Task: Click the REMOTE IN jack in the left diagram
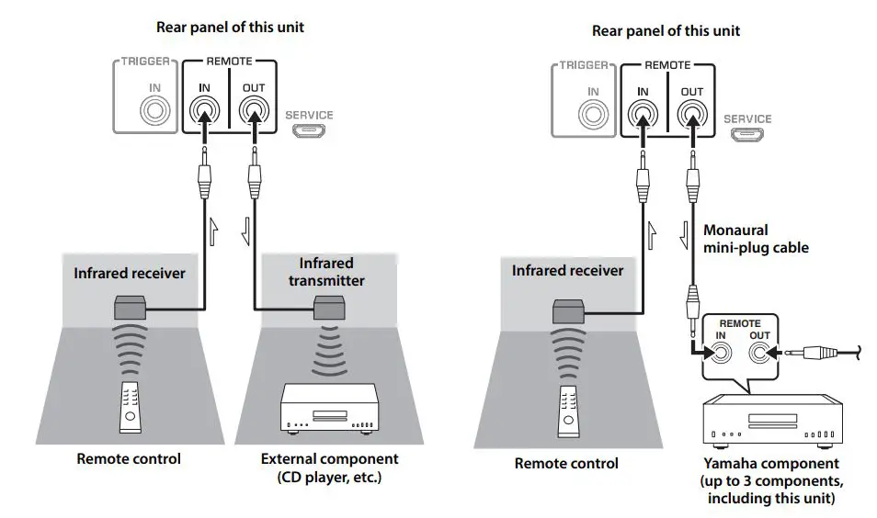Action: point(204,113)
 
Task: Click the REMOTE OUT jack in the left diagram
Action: point(253,113)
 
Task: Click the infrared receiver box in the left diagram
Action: point(130,309)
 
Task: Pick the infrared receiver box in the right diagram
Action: point(567,310)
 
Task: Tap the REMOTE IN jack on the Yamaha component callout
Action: point(720,350)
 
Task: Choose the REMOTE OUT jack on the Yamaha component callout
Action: point(759,350)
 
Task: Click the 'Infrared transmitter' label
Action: point(325,272)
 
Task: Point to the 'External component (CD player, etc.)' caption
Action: point(329,467)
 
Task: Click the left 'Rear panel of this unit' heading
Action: point(230,28)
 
